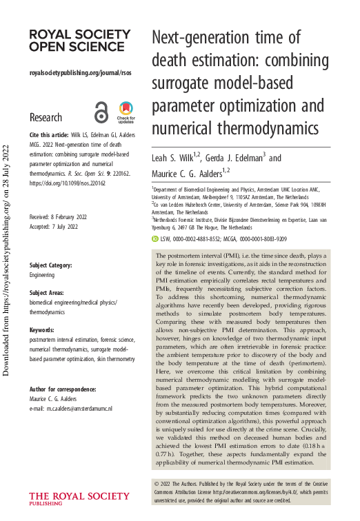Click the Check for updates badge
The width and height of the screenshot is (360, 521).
tap(126, 112)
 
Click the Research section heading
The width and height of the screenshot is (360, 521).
tap(46, 117)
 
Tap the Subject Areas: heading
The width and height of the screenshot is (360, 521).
tap(48, 293)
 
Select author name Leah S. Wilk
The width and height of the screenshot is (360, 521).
tap(177, 159)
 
